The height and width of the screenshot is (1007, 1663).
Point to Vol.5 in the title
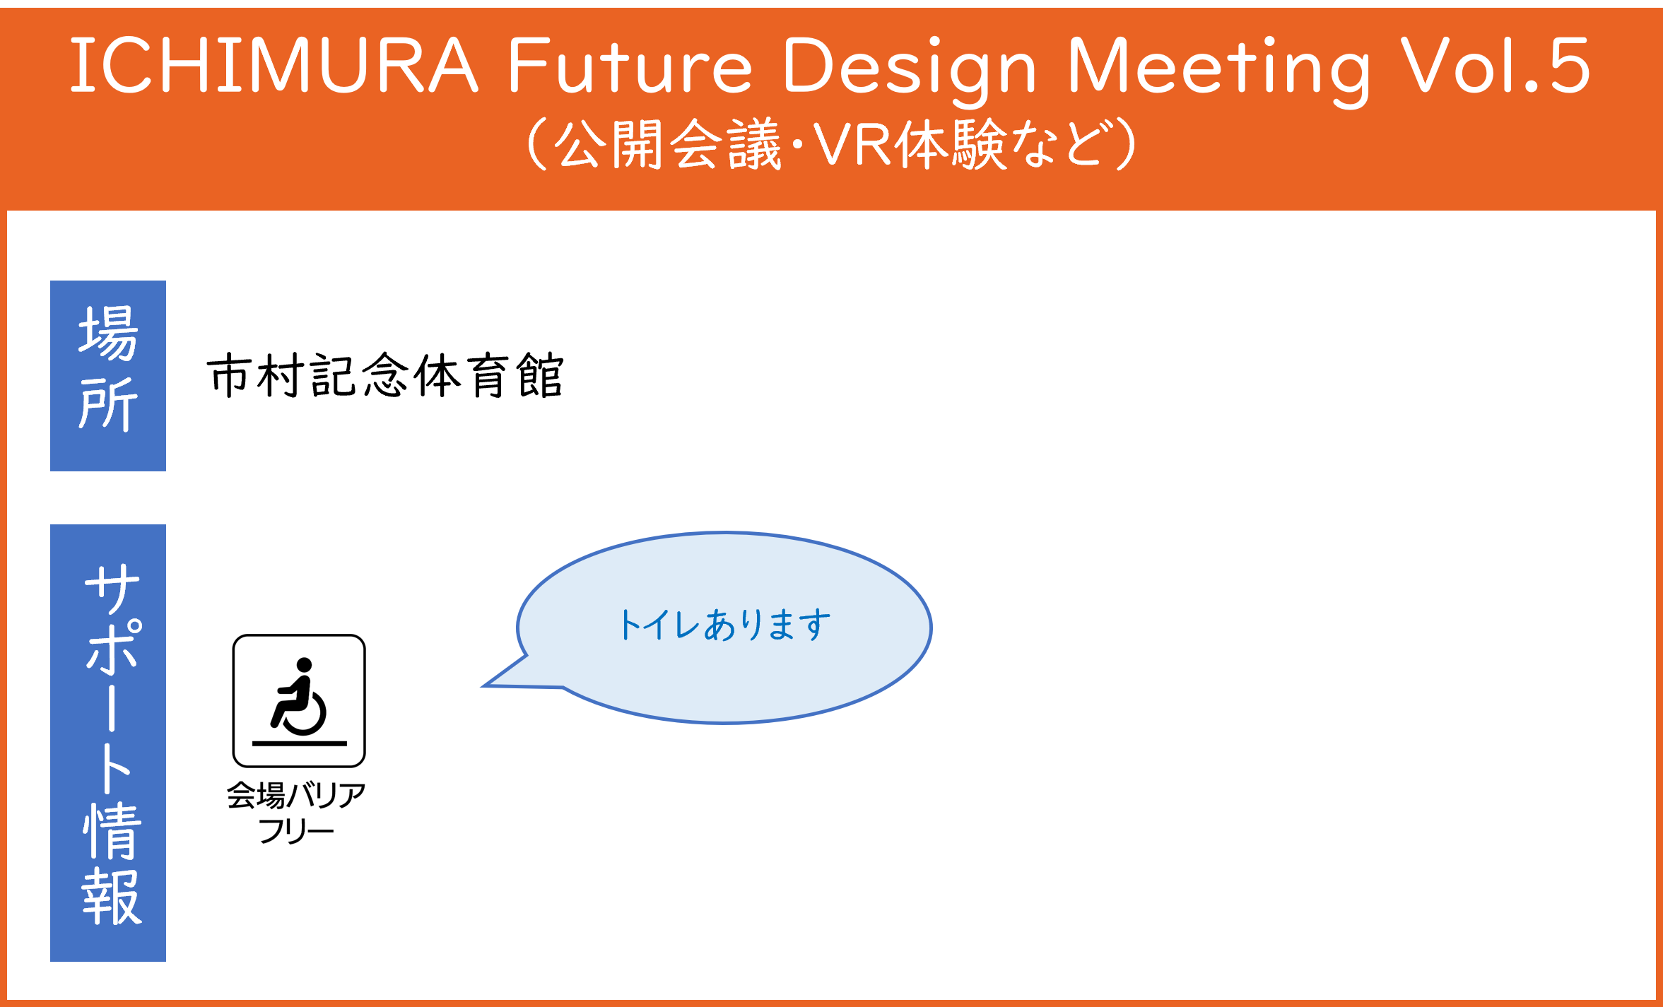1495,65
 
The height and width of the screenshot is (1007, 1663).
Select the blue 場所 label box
108,376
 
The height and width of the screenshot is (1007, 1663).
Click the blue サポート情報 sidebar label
108,743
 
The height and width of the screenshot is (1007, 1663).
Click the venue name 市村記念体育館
385,375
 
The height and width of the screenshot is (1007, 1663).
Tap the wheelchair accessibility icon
299,701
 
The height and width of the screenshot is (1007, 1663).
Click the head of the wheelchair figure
305,665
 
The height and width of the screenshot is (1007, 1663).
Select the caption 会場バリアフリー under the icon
296,813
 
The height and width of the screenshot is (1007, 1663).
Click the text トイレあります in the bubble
724,625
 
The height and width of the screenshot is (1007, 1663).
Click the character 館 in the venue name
540,375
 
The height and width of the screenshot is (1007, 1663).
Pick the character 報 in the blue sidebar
112,897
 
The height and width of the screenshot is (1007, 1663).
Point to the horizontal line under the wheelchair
300,743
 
